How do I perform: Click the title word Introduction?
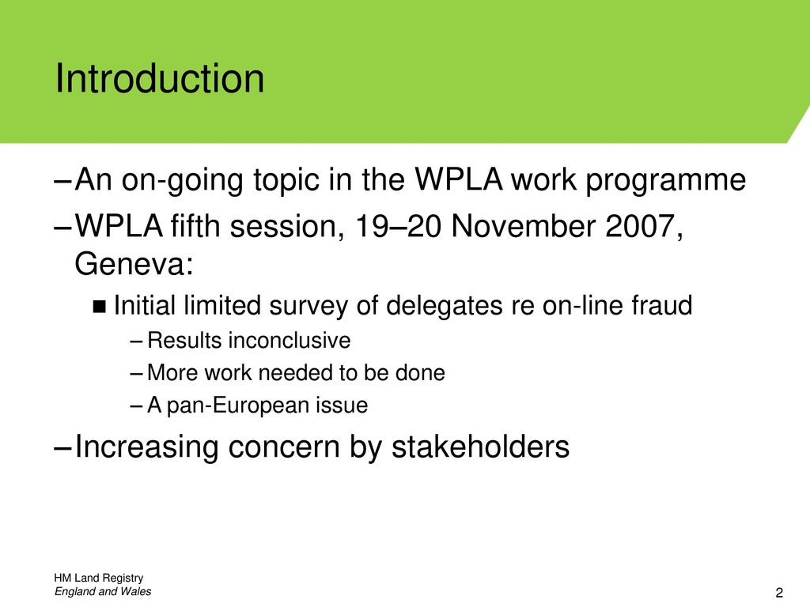click(160, 78)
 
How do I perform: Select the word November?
click(523, 226)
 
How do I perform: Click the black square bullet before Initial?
click(99, 307)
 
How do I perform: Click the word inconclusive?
click(290, 340)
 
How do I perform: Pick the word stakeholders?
click(480, 447)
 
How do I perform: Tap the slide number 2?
click(779, 593)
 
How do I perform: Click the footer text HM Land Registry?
click(98, 578)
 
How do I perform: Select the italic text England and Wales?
click(103, 591)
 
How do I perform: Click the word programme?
click(665, 181)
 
